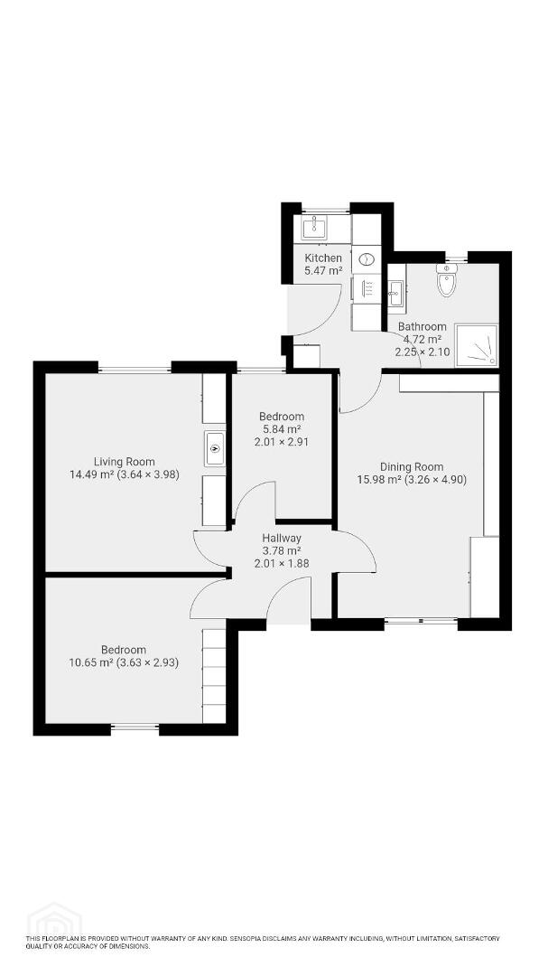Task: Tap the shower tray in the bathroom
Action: pos(477,345)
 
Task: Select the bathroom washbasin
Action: pos(396,293)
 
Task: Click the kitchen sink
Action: pos(315,227)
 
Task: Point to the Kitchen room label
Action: pos(323,258)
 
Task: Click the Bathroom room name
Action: pos(423,326)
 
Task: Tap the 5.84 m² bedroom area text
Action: pos(281,429)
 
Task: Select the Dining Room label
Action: pos(412,467)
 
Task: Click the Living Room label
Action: pos(125,462)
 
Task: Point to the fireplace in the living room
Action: pos(215,448)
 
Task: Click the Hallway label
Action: pos(281,539)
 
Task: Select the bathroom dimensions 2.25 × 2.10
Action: pos(423,352)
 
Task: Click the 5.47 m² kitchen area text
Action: pos(323,270)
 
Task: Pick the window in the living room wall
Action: pos(135,370)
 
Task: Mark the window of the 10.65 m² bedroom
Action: pos(135,727)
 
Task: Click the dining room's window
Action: pos(421,621)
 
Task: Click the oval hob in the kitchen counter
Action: pos(367,258)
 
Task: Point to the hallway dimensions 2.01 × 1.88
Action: pos(281,563)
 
